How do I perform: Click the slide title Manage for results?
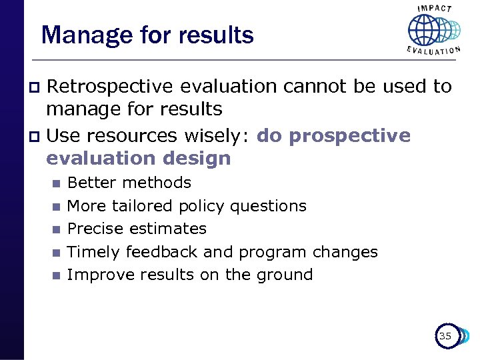(x=147, y=35)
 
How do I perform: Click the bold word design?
(x=200, y=159)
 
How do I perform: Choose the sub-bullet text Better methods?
(x=129, y=183)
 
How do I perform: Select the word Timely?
(x=94, y=252)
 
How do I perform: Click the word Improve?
(x=99, y=275)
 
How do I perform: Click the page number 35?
(x=445, y=336)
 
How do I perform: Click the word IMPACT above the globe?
(x=434, y=9)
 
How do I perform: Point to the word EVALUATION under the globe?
(x=434, y=51)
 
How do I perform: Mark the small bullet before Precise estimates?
(x=56, y=229)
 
